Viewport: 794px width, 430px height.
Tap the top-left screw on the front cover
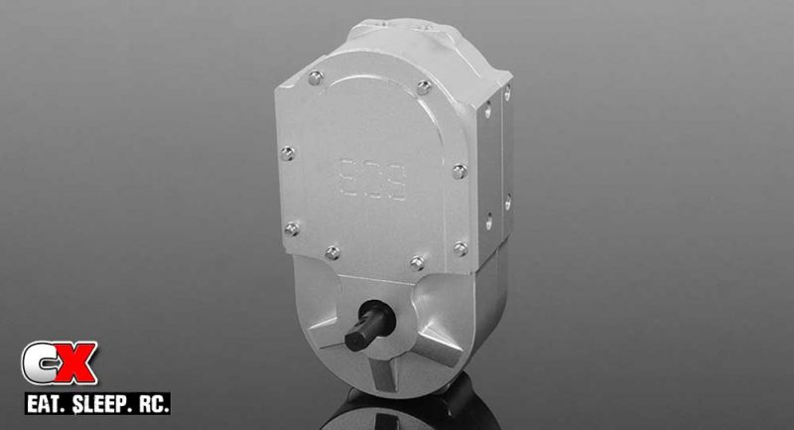click(x=316, y=77)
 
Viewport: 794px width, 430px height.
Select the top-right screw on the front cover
click(x=424, y=87)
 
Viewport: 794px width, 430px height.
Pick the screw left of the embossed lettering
click(x=288, y=153)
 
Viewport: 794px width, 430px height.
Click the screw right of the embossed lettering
click(x=458, y=171)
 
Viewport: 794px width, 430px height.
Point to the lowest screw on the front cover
click(x=418, y=263)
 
